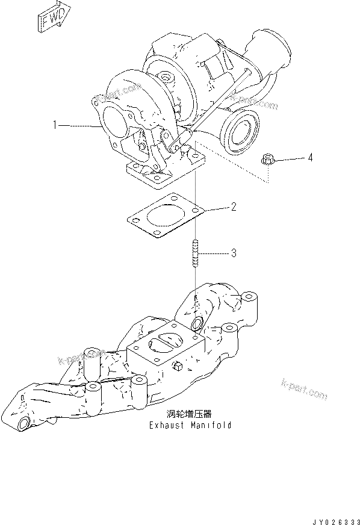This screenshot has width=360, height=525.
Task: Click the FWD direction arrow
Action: (51, 20)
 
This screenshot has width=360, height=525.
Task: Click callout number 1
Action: (54, 125)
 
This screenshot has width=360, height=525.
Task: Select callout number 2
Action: (233, 208)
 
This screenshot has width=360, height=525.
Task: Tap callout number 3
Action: (233, 253)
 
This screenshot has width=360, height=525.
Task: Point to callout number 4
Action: (310, 158)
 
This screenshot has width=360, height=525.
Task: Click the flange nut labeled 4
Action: (268, 160)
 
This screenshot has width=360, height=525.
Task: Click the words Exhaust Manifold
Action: (190, 424)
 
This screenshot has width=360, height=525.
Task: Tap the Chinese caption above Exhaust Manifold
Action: (190, 414)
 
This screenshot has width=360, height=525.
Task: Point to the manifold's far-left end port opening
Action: (23, 424)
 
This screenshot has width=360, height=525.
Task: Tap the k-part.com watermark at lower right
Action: (304, 388)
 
